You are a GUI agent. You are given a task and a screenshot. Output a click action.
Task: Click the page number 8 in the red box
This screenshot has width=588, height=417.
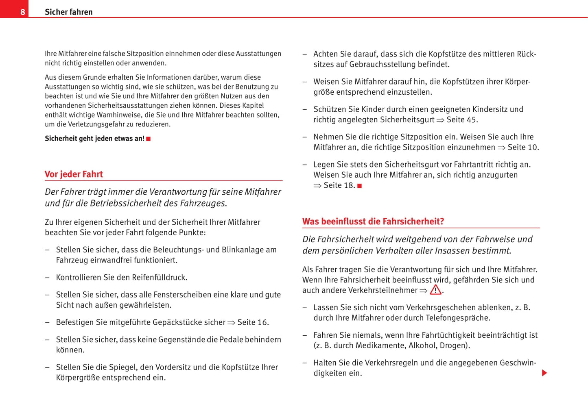(23, 12)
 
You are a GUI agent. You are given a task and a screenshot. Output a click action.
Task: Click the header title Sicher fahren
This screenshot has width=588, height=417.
(68, 12)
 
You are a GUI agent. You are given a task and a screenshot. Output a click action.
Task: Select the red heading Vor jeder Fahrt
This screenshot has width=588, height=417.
(74, 174)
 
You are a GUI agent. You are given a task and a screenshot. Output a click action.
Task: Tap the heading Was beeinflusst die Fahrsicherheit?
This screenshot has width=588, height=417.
(373, 221)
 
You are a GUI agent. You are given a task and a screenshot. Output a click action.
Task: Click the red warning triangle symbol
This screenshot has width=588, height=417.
(435, 290)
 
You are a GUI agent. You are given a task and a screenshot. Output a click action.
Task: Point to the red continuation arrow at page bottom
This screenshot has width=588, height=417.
(544, 373)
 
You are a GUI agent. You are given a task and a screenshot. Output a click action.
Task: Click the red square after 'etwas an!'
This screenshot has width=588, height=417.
(149, 139)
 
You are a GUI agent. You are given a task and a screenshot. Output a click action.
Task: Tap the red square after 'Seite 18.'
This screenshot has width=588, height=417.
(359, 186)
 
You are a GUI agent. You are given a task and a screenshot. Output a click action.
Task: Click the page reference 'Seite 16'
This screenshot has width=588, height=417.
(252, 322)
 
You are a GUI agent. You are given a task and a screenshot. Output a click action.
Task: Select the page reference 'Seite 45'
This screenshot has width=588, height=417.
(461, 119)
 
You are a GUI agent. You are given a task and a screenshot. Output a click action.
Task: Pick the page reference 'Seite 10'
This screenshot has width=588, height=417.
(522, 147)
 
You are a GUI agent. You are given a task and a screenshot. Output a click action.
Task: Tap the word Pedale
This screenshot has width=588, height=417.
(231, 339)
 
